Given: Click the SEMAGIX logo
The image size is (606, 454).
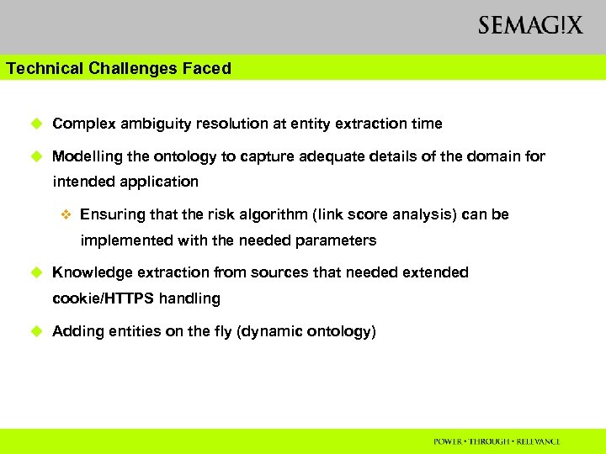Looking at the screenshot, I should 529,26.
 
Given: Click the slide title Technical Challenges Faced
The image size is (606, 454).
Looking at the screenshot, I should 118,69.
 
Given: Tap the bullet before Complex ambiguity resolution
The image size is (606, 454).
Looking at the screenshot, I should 36,124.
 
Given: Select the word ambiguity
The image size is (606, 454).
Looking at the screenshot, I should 153,124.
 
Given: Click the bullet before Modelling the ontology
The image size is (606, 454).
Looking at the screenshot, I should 36,156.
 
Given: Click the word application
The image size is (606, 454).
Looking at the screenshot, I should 160,182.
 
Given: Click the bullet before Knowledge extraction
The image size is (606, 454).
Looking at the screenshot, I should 36,272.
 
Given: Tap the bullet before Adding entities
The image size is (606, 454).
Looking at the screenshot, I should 36,331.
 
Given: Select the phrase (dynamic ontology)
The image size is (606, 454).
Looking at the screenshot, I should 307,331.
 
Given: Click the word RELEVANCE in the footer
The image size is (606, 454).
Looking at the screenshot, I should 535,441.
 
